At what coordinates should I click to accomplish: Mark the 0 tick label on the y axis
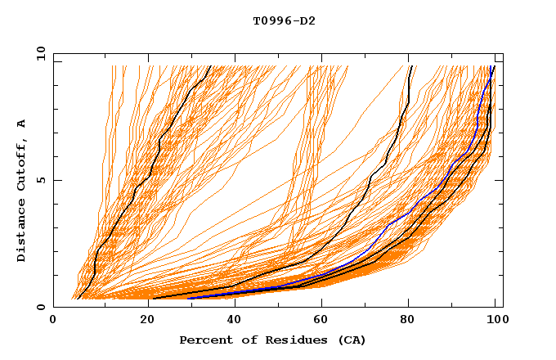point(41,307)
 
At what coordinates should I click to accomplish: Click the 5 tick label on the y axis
point(41,180)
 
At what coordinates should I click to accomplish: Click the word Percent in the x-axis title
point(204,340)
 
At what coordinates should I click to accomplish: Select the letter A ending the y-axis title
point(21,123)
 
